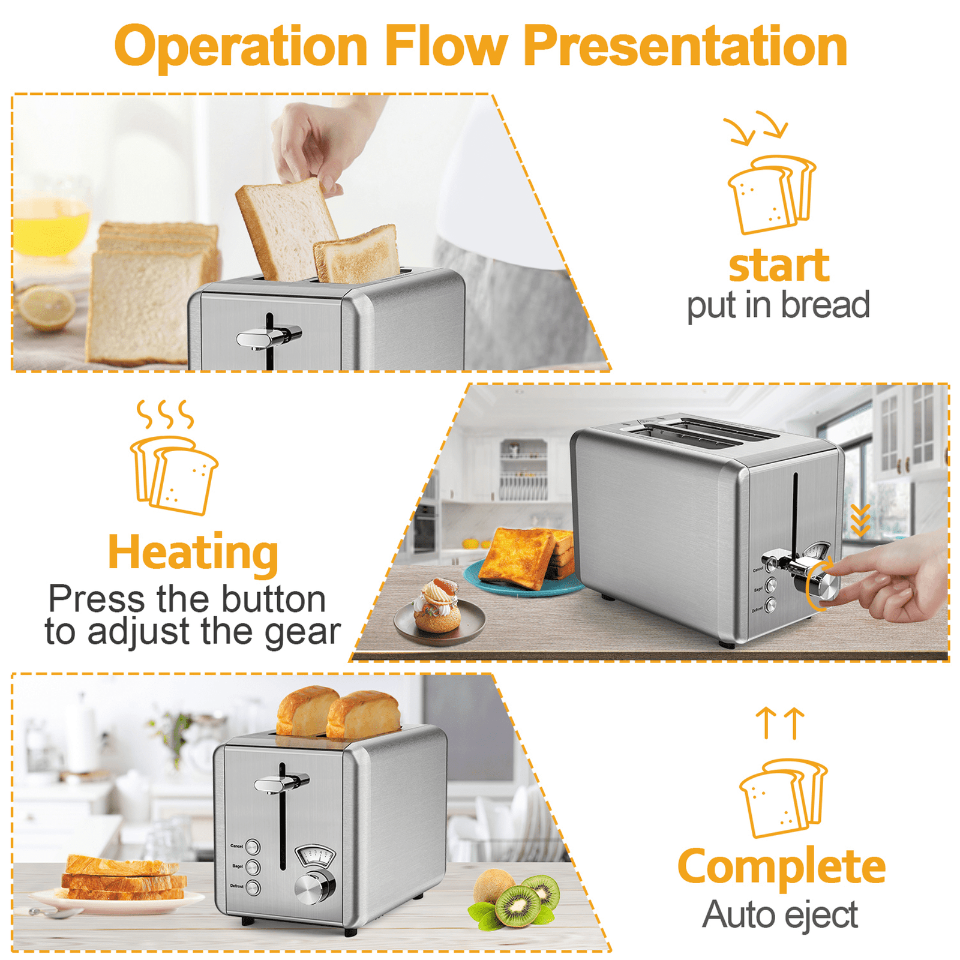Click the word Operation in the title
[x=241, y=47]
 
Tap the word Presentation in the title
[x=685, y=47]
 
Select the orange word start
[x=779, y=266]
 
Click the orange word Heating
[x=193, y=553]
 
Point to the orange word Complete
[x=781, y=867]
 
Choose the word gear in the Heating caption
[x=302, y=632]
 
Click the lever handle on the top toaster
[x=267, y=338]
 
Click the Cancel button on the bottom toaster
[x=253, y=847]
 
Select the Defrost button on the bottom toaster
[x=253, y=887]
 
